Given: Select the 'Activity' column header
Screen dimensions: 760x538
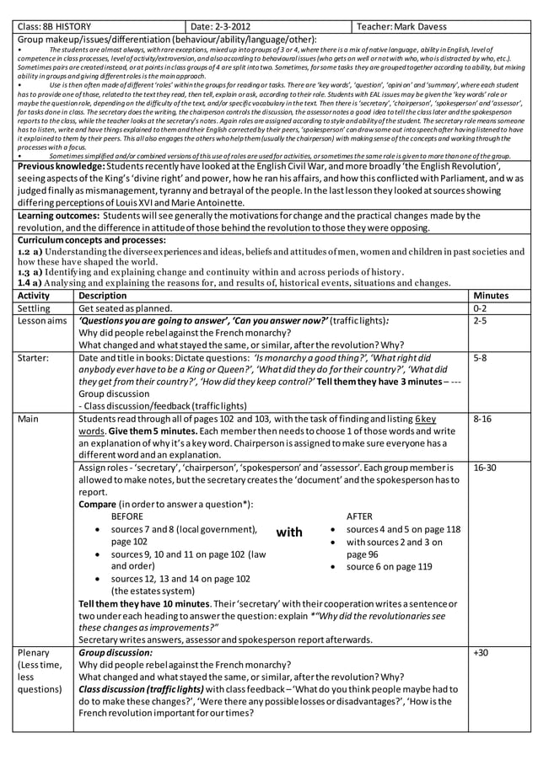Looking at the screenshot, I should (34, 296).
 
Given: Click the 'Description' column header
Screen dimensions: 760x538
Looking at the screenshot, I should (102, 296).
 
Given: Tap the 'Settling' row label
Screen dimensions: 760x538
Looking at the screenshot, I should (35, 308).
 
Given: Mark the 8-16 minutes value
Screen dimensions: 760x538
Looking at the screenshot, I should (482, 418).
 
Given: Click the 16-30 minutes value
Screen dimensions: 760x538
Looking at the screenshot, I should (485, 467).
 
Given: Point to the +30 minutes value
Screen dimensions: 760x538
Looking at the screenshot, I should (481, 653).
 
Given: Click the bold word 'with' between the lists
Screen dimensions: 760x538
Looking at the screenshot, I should (289, 533).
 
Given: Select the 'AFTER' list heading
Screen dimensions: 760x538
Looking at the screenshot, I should (360, 516).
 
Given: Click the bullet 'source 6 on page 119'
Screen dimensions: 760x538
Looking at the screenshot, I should (389, 567).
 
